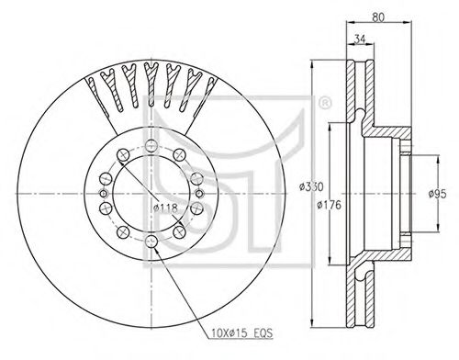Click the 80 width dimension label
[x=378, y=17]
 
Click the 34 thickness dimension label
[x=360, y=39]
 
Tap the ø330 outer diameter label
[x=311, y=186]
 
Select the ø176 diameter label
[x=329, y=205]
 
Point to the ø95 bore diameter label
[x=437, y=194]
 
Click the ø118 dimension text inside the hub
[x=165, y=208]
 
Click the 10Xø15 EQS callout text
[x=241, y=332]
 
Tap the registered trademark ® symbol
[x=325, y=103]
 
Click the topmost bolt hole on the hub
[x=151, y=145]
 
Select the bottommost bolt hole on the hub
[x=151, y=242]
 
